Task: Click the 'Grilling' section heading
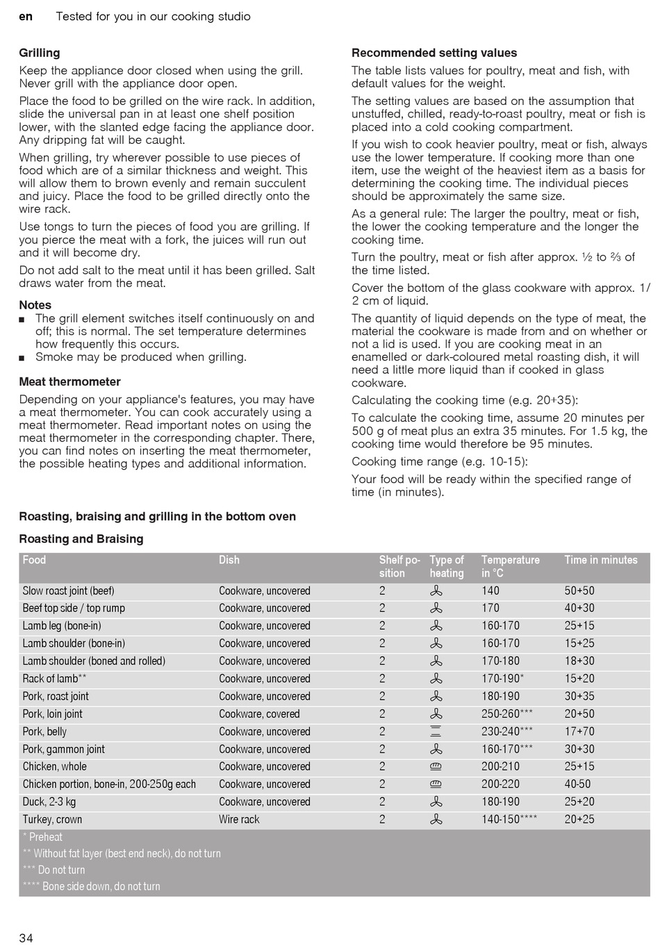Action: coord(40,53)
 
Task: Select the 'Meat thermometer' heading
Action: coord(69,381)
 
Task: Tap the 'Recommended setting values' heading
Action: coord(434,53)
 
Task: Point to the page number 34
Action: coord(26,938)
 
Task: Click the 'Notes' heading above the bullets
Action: coord(35,304)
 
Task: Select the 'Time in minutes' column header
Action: coord(600,560)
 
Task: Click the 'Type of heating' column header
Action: coord(447,566)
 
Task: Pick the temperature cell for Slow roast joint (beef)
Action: coord(490,591)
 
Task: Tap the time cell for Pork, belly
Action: coord(579,731)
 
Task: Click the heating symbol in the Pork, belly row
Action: coord(436,731)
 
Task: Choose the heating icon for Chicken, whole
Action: coord(436,766)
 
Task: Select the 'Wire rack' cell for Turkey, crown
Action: coord(239,819)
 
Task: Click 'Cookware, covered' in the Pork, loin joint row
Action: coord(259,714)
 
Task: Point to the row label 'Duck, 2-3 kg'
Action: coord(49,801)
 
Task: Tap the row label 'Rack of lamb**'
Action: coord(54,679)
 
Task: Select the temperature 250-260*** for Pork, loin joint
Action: coord(507,714)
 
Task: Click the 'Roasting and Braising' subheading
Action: coord(81,539)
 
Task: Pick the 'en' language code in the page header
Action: coord(26,16)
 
